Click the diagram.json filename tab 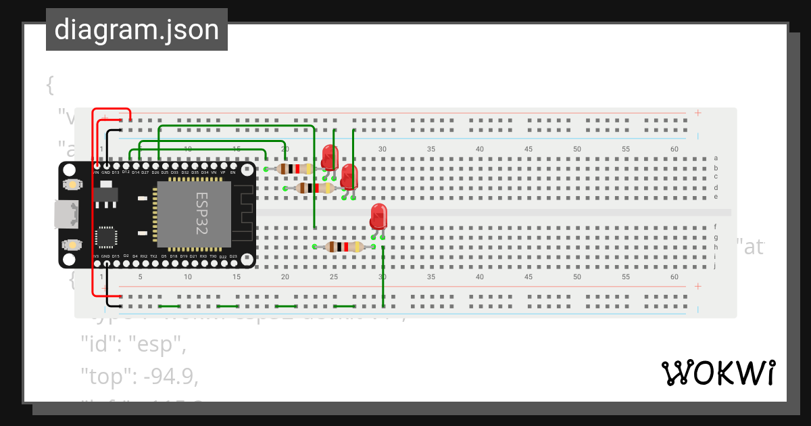(137, 30)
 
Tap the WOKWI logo (718, 373)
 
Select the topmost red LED (330, 157)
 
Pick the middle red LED (349, 176)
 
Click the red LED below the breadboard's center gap (378, 216)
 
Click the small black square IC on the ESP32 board (106, 237)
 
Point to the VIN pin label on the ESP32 (96, 172)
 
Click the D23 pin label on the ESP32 (233, 256)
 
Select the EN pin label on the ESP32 (233, 172)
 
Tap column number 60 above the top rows (674, 149)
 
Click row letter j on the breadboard (716, 266)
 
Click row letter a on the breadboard (716, 158)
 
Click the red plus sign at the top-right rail (697, 113)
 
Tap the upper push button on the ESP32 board (70, 184)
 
